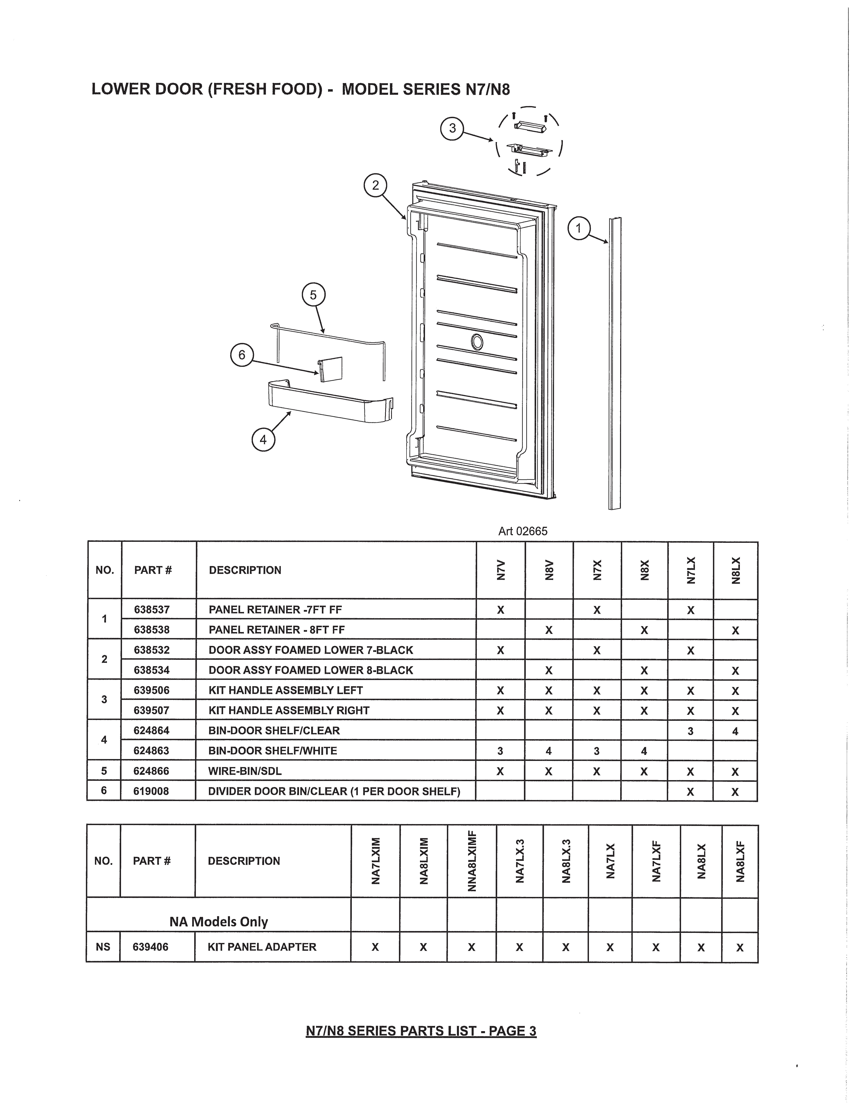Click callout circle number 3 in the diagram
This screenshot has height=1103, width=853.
452,128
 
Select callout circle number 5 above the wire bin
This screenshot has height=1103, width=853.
313,294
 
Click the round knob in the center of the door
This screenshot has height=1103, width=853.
476,342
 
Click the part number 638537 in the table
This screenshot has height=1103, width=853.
152,610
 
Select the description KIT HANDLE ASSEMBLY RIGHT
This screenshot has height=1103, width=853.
289,710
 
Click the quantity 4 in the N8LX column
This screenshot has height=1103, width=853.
735,731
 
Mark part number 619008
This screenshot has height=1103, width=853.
151,791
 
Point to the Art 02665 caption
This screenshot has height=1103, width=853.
523,531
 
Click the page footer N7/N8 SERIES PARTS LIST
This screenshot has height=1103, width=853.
421,1031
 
